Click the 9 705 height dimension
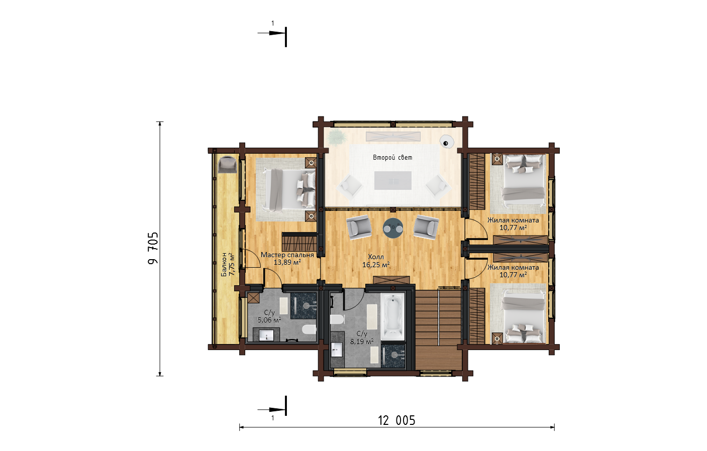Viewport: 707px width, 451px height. tap(153, 248)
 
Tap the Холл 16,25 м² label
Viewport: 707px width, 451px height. tap(375, 261)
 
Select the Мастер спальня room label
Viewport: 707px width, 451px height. tap(287, 255)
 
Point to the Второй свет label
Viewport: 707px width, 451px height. tap(392, 157)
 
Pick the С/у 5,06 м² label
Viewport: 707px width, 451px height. tap(269, 316)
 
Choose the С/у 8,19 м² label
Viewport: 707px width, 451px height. tap(362, 337)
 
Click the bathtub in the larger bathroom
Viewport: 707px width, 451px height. tap(392, 316)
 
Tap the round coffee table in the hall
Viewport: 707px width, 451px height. tap(393, 228)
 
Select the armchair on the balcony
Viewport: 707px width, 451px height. tap(227, 164)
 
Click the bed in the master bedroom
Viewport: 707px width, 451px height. tap(290, 189)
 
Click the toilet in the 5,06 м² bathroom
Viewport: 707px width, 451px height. tap(309, 329)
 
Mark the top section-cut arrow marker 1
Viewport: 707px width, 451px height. tap(272, 33)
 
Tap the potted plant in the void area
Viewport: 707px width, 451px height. tap(337, 138)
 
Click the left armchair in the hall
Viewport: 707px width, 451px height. tap(359, 227)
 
